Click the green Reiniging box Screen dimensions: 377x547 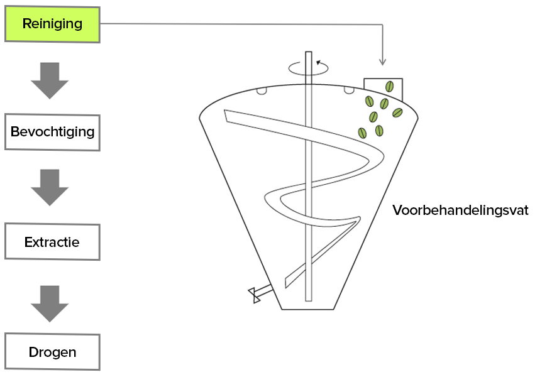[52, 25]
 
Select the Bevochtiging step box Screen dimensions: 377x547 [52, 133]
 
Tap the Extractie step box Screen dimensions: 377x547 [52, 242]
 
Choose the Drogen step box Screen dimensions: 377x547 [52, 352]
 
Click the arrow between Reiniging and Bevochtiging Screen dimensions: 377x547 [50, 80]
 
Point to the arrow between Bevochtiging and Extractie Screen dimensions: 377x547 [50, 187]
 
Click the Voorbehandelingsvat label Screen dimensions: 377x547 [460, 210]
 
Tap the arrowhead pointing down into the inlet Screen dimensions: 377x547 [382, 62]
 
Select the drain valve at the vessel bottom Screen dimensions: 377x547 [256, 293]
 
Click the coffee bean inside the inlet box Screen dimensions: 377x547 [389, 87]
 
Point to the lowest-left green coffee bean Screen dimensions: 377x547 [362, 133]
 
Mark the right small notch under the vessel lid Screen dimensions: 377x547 [347, 91]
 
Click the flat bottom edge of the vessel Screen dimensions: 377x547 [308, 309]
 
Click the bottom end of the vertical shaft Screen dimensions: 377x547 [308, 299]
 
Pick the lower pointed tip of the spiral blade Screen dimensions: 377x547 [287, 286]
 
